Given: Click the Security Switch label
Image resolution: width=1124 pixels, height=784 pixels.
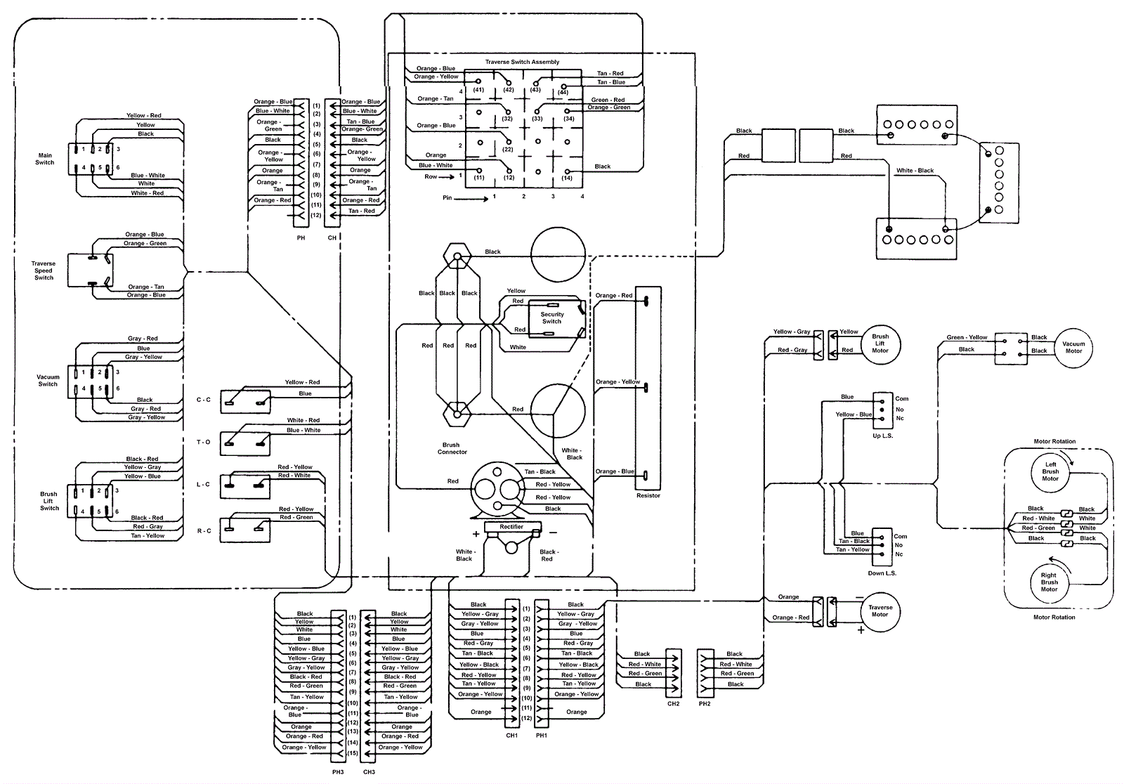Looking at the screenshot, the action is (x=552, y=318).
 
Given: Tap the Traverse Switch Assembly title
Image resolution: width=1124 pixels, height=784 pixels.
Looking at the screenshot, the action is (x=522, y=62).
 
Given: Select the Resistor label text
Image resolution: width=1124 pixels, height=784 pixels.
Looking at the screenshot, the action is (x=648, y=495).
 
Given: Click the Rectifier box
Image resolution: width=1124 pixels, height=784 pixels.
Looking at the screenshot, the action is (x=511, y=527).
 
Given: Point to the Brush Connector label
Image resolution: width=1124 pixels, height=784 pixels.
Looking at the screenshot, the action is (x=452, y=448).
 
